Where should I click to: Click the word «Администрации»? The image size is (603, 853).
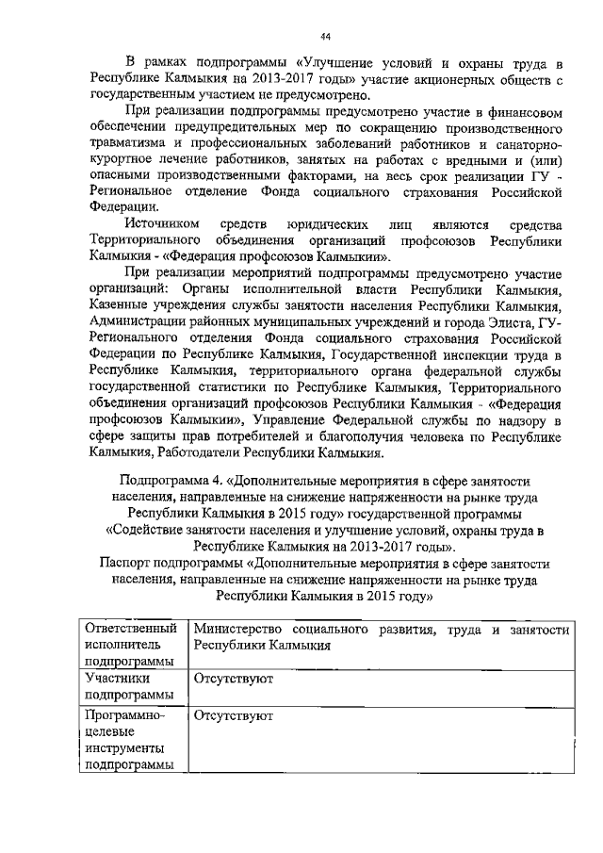click(x=139, y=321)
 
